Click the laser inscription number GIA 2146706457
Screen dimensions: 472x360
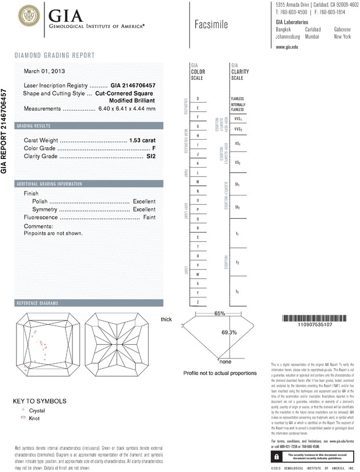click(133, 84)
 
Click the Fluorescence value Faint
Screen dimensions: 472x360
click(149, 218)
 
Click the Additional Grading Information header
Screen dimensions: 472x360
click(50, 184)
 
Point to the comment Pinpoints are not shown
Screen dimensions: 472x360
click(54, 233)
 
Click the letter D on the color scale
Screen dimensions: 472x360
click(197, 99)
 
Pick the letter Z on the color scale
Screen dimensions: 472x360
click(197, 302)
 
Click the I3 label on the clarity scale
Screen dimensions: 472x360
click(237, 292)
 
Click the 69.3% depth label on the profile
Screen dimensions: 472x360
click(228, 332)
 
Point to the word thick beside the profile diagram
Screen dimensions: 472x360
click(166, 319)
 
